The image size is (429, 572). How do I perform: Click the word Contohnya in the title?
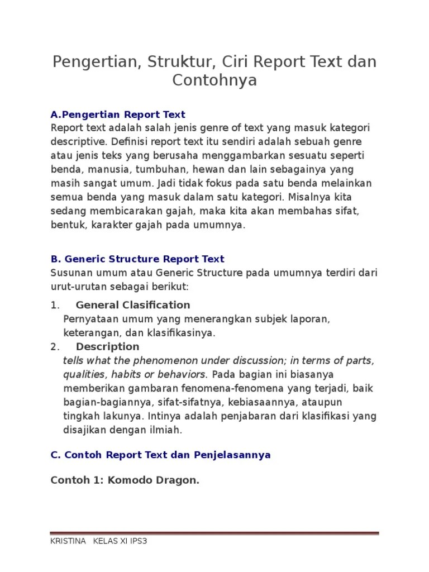[x=214, y=80]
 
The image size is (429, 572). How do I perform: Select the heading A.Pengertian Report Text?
[x=118, y=115]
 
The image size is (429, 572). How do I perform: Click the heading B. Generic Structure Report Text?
[x=137, y=259]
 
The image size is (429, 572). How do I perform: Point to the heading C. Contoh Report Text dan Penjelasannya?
[x=160, y=455]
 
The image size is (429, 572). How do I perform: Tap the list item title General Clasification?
[x=133, y=305]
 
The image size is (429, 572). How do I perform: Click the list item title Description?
[x=107, y=347]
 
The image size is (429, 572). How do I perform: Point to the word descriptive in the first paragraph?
[x=76, y=142]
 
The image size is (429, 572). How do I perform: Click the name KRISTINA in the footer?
[x=68, y=541]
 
